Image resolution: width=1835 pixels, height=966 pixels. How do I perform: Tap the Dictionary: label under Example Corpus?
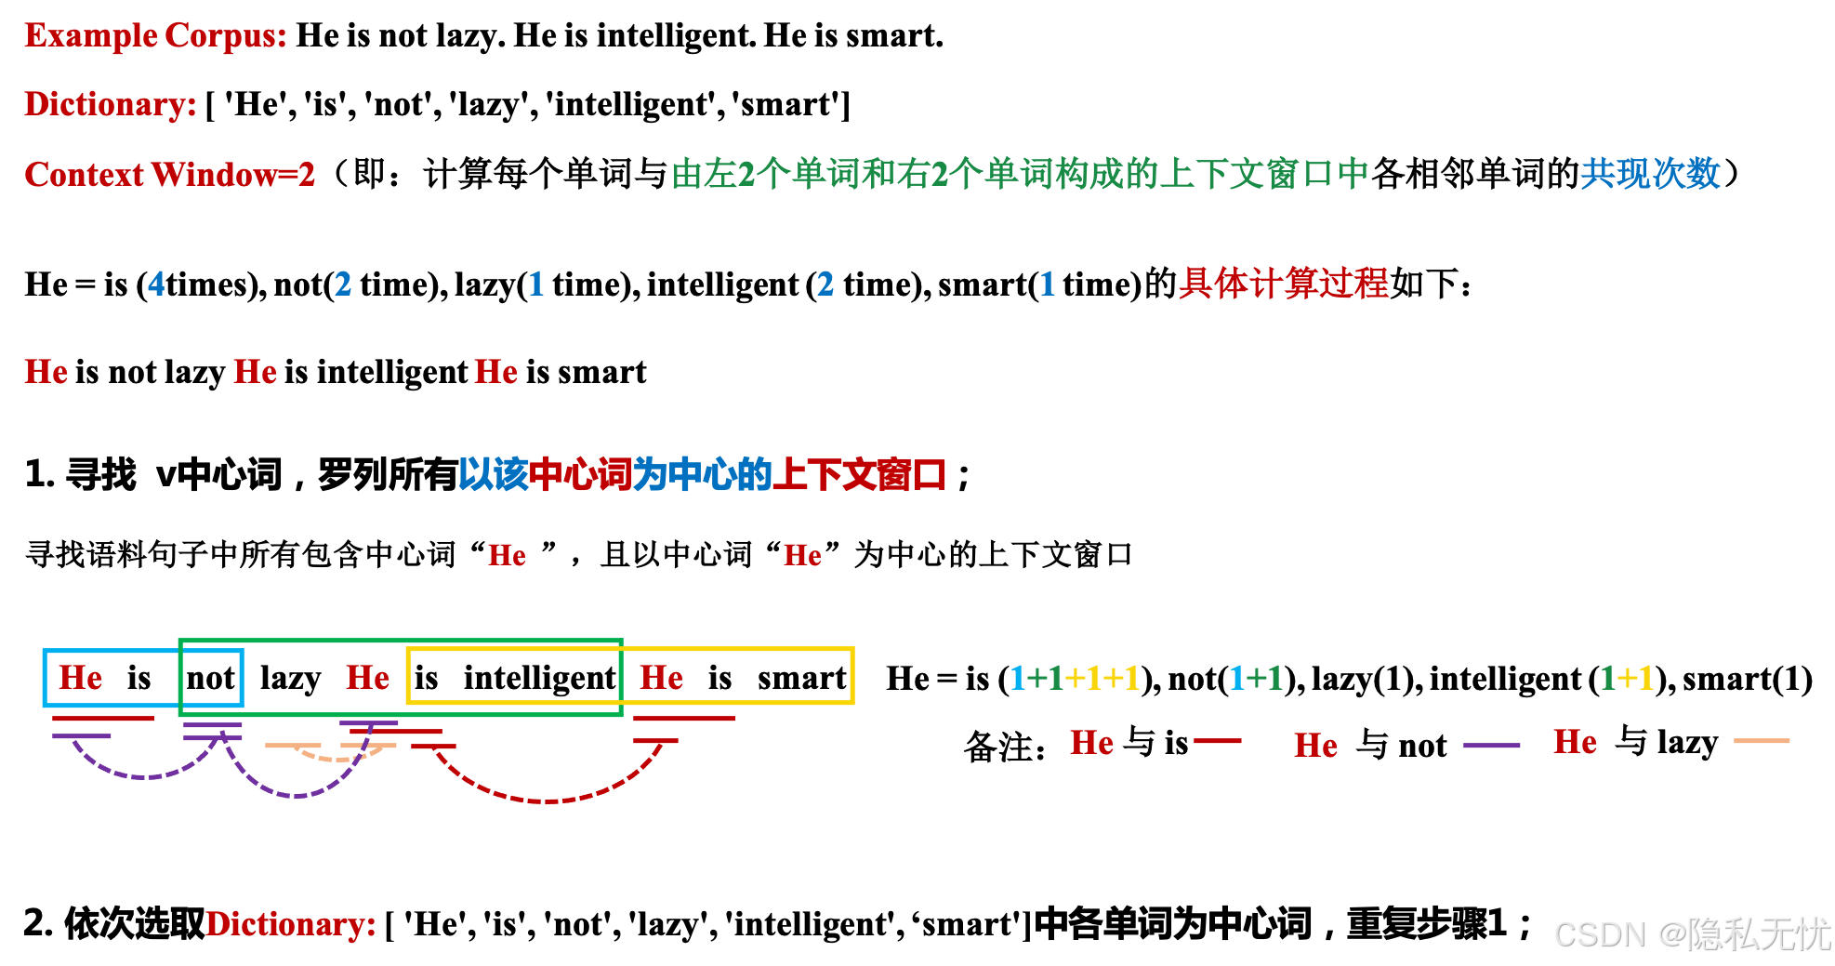click(x=110, y=104)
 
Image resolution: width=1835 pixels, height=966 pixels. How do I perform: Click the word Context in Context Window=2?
click(x=84, y=175)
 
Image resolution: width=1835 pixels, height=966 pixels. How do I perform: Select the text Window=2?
click(x=233, y=175)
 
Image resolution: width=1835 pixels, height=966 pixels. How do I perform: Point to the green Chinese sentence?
click(x=1019, y=174)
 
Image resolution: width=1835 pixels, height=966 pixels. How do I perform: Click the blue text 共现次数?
click(x=1650, y=174)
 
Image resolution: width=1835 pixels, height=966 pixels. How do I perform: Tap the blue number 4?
click(x=156, y=284)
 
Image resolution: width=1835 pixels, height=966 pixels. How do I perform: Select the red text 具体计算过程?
click(x=1283, y=284)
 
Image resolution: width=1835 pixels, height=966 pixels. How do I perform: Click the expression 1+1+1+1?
click(x=1075, y=678)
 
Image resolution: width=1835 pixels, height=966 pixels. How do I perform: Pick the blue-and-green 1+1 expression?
click(x=1255, y=678)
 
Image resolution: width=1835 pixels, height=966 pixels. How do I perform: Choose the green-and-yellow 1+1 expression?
click(x=1627, y=678)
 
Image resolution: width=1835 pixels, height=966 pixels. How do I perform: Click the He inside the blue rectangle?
click(x=81, y=678)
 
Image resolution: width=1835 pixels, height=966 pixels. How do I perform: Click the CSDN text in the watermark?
click(x=1599, y=933)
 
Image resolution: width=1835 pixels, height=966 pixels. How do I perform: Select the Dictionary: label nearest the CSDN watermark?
click(x=290, y=924)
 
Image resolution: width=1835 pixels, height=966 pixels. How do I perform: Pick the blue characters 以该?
click(x=493, y=475)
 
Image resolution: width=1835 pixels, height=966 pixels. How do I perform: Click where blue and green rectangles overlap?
click(x=211, y=678)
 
